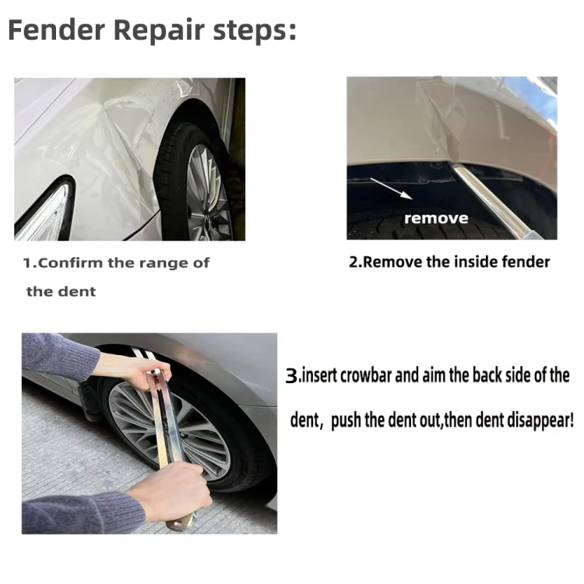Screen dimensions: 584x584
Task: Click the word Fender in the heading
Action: [x=56, y=32]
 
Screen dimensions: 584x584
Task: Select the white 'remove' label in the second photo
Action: [x=436, y=219]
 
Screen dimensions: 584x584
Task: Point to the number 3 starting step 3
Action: [x=292, y=376]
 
